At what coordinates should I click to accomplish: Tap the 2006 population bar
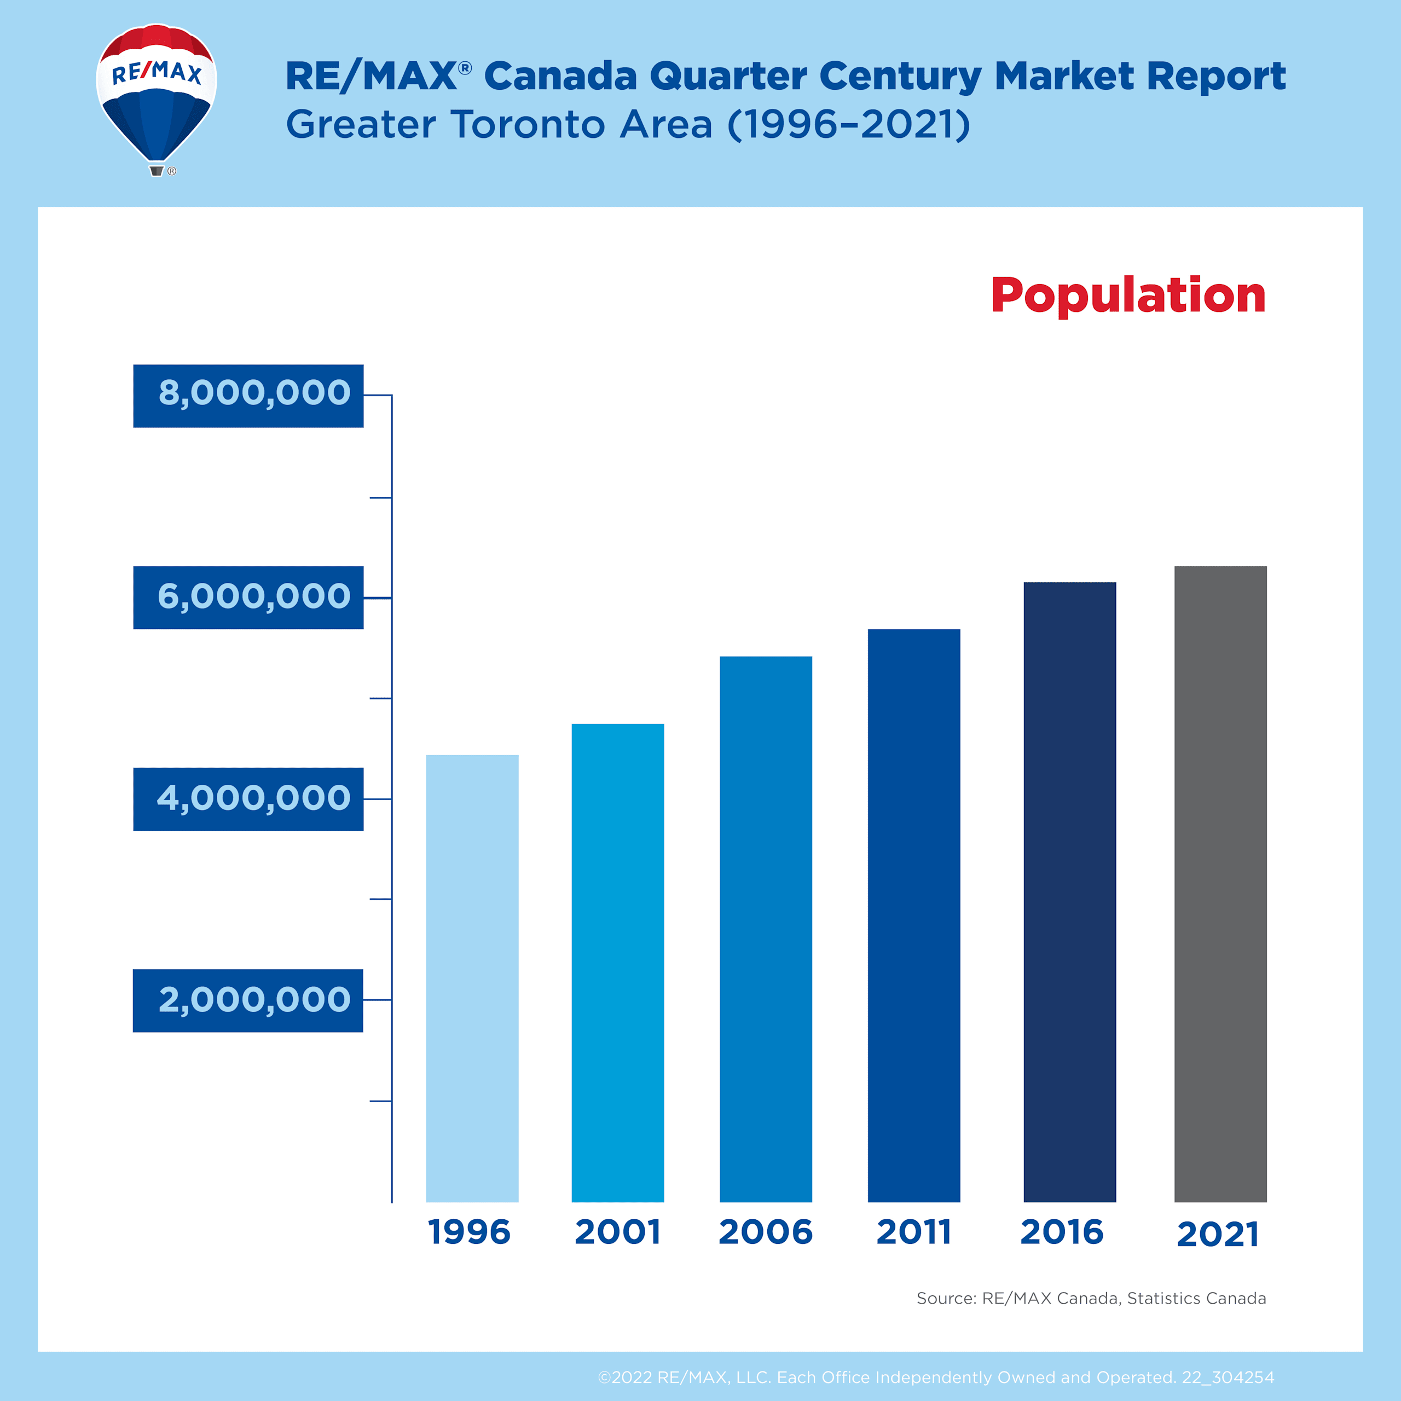(766, 929)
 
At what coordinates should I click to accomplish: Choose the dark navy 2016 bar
(1069, 892)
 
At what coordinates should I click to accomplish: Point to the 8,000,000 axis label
(248, 396)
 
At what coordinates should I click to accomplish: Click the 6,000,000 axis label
(248, 598)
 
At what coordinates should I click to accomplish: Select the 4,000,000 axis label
(248, 799)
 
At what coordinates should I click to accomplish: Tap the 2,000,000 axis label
(248, 1001)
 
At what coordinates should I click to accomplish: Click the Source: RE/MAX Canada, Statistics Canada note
(1091, 1298)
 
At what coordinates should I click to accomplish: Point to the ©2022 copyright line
(935, 1377)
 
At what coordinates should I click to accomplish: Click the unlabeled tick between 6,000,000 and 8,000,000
(381, 497)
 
